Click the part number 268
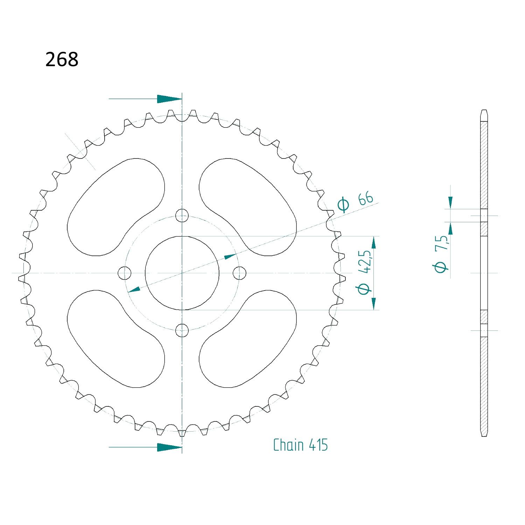(62, 59)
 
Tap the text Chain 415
(300, 445)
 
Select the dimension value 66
(366, 199)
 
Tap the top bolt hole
(182, 216)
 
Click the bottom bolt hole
(182, 330)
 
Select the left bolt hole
(125, 273)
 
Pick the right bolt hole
(239, 273)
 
